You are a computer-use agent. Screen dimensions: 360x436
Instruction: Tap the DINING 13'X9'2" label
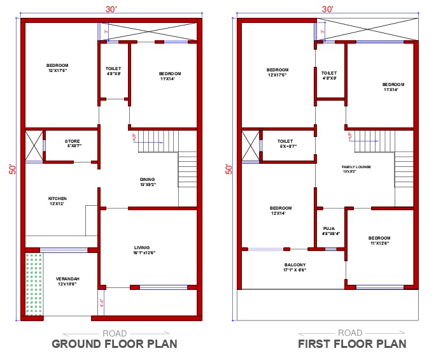tap(147, 182)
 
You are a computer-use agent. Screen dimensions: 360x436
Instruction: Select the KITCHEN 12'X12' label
tap(57, 201)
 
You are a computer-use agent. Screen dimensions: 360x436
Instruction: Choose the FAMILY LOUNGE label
tap(356, 169)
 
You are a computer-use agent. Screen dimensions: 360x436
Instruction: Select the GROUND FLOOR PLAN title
tap(111, 345)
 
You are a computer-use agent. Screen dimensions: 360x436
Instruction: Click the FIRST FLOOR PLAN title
tap(352, 345)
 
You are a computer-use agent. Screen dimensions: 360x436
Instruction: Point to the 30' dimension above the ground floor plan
tap(111, 10)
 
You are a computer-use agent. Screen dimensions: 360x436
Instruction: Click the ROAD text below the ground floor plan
tap(115, 333)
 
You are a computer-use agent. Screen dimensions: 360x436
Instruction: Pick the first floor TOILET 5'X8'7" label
tap(285, 143)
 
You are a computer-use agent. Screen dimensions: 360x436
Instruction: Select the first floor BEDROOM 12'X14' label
tap(281, 211)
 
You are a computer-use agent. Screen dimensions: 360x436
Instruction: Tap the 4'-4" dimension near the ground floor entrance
tap(100, 304)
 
